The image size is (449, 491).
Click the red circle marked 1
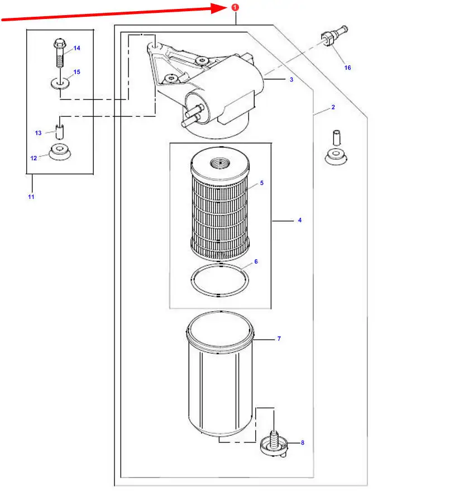pos(235,7)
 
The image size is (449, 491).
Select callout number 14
pos(77,48)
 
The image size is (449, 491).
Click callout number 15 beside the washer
pos(77,71)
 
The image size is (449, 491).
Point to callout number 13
pos(38,133)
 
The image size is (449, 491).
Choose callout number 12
pos(34,158)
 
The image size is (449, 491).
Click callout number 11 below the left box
pos(31,197)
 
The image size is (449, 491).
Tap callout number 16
pos(347,68)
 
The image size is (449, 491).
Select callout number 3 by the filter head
pos(292,79)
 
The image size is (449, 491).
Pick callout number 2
pos(333,107)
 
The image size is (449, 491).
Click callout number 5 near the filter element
pos(262,183)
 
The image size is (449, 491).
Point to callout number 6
pos(256,261)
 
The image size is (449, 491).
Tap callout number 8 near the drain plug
pos(303,442)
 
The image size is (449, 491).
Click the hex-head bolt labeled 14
pos(60,53)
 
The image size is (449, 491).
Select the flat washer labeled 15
pos(60,83)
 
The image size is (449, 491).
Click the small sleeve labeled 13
pos(60,131)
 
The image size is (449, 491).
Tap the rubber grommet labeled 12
pos(60,151)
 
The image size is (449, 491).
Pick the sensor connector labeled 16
pos(335,36)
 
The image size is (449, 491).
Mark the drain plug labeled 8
pos(274,444)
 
